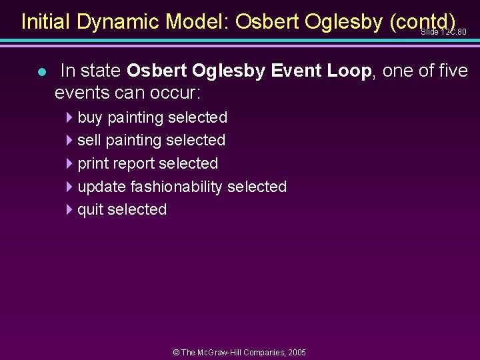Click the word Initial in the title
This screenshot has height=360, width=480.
(x=46, y=22)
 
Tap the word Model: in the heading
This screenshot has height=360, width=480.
(x=198, y=22)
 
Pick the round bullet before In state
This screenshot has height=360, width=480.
(x=41, y=72)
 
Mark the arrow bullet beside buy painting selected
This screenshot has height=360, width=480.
(x=70, y=118)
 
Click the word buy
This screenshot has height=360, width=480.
(x=91, y=118)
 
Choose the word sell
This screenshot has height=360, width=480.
(x=89, y=141)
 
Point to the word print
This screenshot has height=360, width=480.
(x=93, y=164)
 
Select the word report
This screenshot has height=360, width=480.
(x=134, y=164)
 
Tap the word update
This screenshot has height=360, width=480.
(x=102, y=187)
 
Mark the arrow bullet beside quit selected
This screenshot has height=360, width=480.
(x=70, y=210)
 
